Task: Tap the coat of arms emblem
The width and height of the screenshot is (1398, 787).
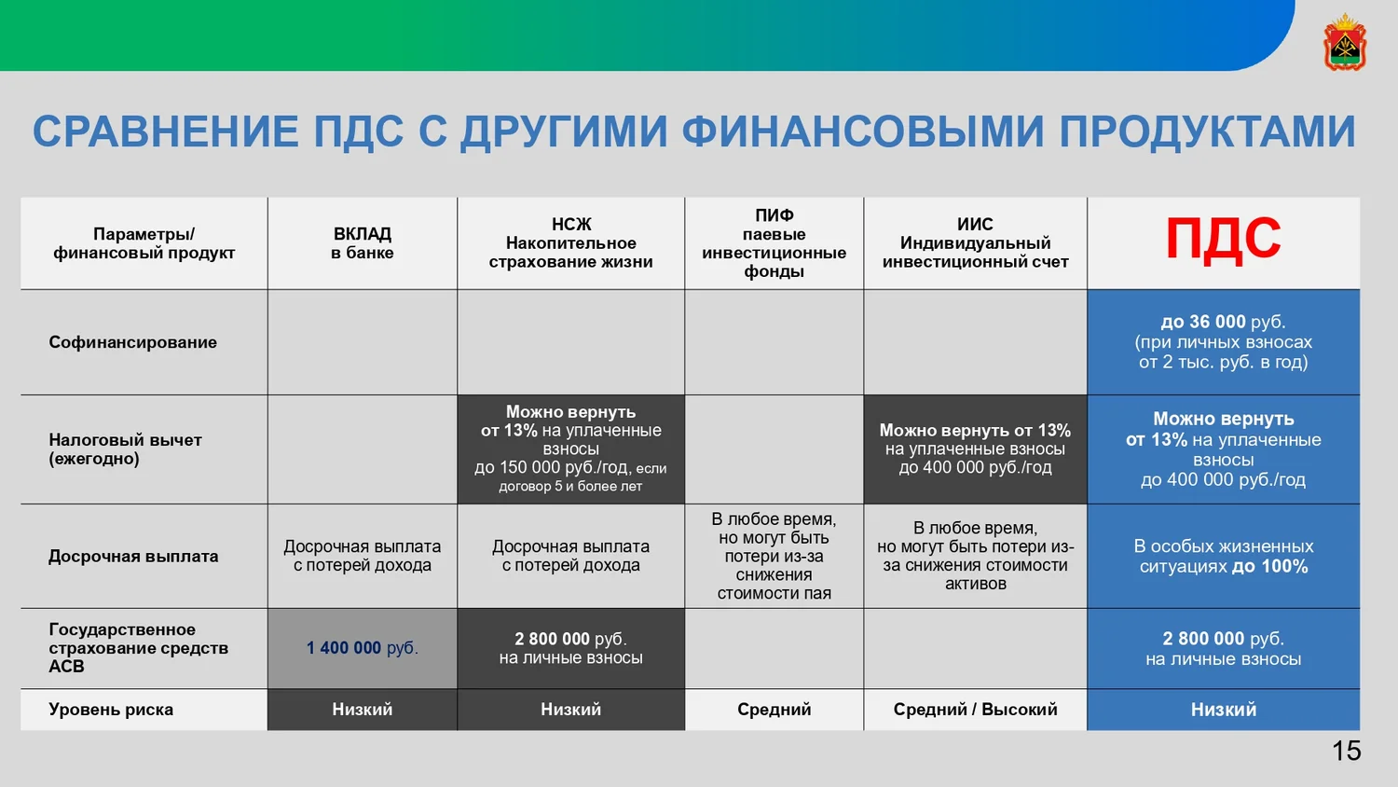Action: [x=1345, y=42]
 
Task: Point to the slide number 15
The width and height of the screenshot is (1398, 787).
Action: [x=1346, y=751]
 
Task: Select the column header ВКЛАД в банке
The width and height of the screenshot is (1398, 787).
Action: [x=362, y=243]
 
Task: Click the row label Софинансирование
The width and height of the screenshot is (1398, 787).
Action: [x=133, y=342]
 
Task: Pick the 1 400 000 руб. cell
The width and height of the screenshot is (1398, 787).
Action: [x=362, y=648]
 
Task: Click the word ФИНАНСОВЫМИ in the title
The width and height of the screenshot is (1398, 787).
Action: [x=862, y=131]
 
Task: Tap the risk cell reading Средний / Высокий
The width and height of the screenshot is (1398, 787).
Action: [x=976, y=710]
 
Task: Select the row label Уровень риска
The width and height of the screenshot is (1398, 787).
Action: [x=111, y=710]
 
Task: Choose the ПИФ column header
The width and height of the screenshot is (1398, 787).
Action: [x=774, y=243]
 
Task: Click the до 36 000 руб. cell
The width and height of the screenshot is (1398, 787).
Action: [x=1223, y=341]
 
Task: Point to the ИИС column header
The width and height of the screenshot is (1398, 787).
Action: [x=976, y=243]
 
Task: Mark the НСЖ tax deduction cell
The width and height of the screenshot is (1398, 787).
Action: [x=570, y=449]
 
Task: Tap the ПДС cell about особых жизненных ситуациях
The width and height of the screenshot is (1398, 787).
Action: [x=1223, y=556]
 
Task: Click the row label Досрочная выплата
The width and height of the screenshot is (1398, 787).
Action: [x=133, y=556]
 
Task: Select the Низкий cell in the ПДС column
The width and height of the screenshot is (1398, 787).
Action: [x=1223, y=710]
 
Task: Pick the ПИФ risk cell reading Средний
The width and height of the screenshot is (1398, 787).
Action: [x=774, y=710]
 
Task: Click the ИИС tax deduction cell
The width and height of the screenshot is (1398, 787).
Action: [x=976, y=449]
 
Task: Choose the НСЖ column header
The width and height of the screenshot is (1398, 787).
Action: [x=570, y=243]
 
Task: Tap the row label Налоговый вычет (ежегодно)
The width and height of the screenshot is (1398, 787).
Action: [x=126, y=449]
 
